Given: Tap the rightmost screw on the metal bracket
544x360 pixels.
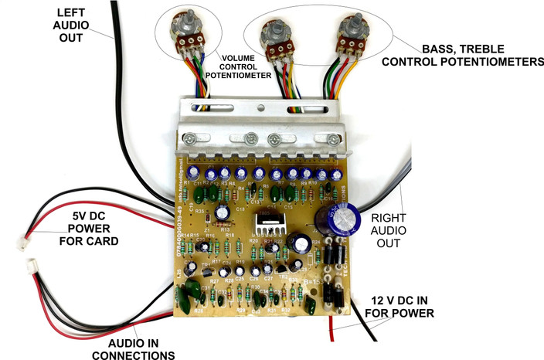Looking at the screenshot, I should tap(331, 139).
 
